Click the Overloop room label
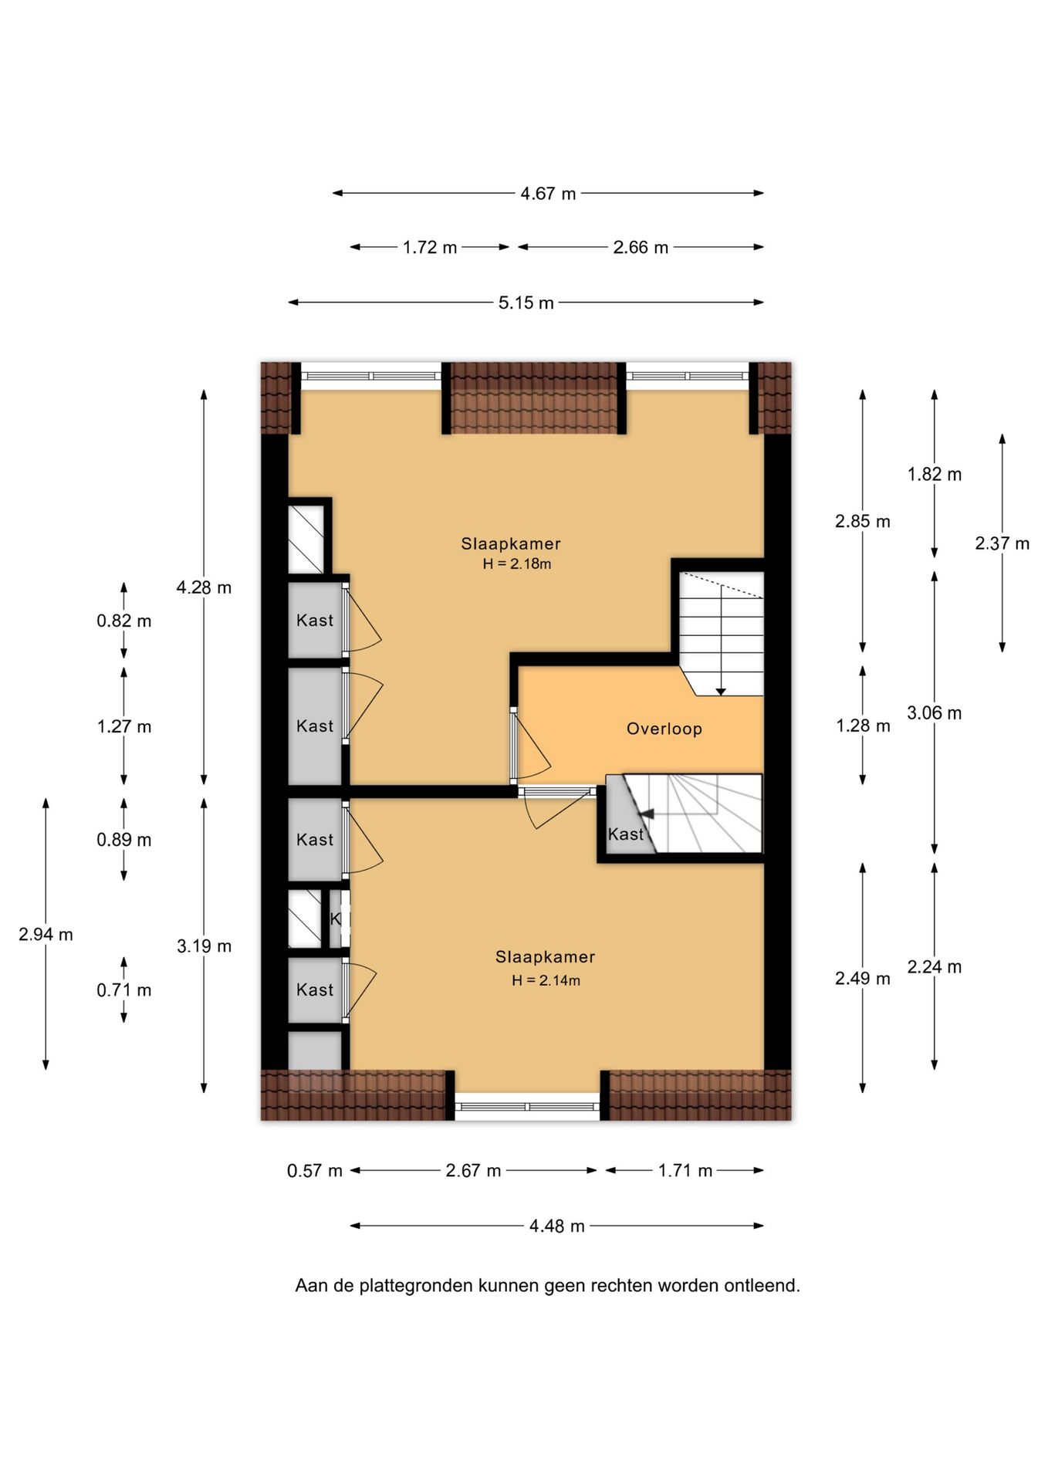coord(664,729)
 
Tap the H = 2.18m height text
coord(517,564)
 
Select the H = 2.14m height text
coord(546,981)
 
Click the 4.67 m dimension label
coord(548,194)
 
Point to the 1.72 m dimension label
coord(430,248)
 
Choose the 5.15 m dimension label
coord(526,303)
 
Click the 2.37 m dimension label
coord(1002,543)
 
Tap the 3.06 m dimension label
coord(934,713)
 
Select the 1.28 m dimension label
coord(863,726)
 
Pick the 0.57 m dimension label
coord(314,1171)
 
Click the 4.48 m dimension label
coord(556,1226)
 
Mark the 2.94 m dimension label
coord(46,935)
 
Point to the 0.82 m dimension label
coord(123,621)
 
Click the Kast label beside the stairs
coord(625,834)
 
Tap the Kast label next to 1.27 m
coord(315,726)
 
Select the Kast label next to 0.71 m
coord(315,990)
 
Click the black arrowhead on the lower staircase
coord(647,814)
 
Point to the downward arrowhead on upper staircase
coord(720,692)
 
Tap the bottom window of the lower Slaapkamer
coord(527,1107)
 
